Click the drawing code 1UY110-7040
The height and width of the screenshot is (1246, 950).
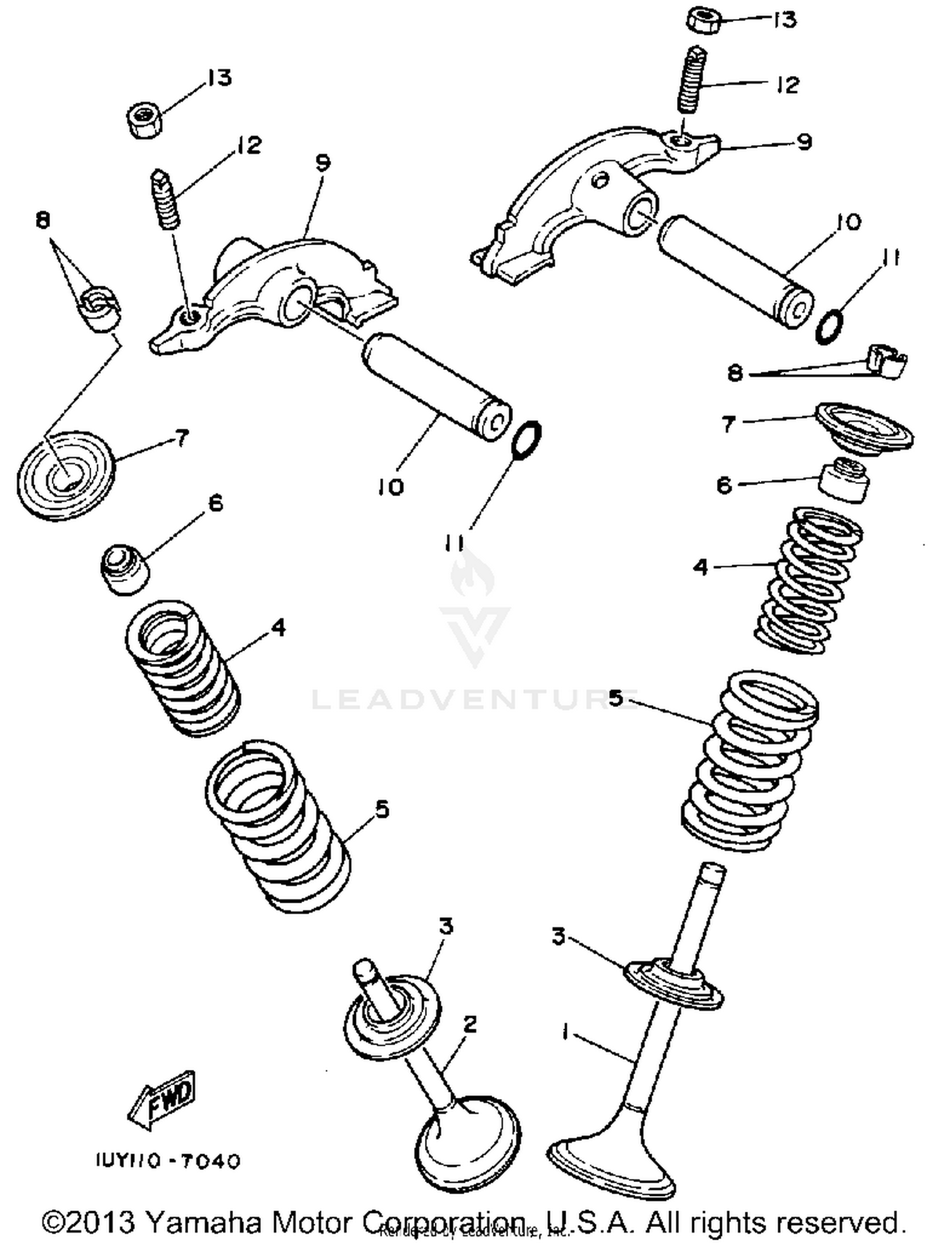point(168,1162)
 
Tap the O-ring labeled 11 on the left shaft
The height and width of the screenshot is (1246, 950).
point(526,439)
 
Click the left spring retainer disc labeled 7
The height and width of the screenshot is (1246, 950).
point(65,475)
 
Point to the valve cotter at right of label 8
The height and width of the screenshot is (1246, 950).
point(887,362)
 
